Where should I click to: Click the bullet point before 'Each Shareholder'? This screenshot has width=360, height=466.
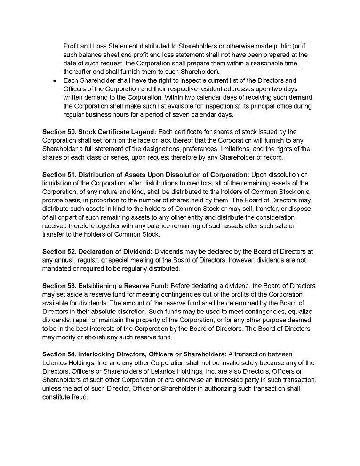pos(55,81)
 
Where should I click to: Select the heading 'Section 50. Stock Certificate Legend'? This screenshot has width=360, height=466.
pos(99,132)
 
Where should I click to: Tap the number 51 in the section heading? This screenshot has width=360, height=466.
pos(69,175)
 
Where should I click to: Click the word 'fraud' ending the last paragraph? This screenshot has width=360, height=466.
pos(78,397)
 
